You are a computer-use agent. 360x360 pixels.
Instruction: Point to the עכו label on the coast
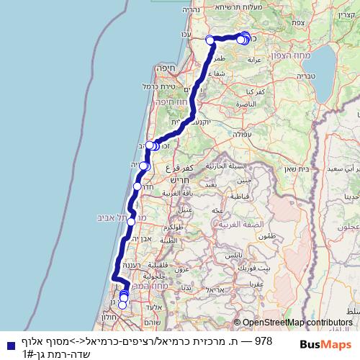pyautogui.click(x=186, y=33)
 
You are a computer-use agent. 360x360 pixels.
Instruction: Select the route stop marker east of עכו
pyautogui.click(x=210, y=40)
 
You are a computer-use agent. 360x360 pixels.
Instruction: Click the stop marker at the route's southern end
pyautogui.click(x=121, y=305)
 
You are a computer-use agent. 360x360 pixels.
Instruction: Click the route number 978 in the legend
pyautogui.click(x=264, y=340)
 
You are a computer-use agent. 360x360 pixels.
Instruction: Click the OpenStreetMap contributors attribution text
pyautogui.click(x=297, y=322)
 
